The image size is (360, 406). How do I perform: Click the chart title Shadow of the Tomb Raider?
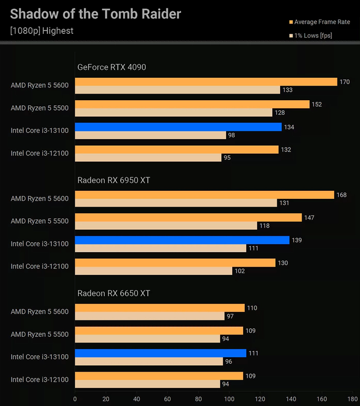tap(96, 14)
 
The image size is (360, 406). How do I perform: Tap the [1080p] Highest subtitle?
tap(42, 30)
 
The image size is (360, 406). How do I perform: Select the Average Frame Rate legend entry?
tap(322, 22)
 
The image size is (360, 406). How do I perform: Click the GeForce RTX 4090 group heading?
tap(111, 67)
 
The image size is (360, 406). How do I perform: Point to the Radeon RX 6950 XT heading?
tap(114, 180)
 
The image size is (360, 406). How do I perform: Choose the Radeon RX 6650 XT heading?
tap(114, 293)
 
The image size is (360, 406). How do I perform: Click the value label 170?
tap(345, 82)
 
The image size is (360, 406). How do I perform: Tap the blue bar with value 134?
tap(178, 127)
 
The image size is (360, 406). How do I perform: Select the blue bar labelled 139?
tap(182, 240)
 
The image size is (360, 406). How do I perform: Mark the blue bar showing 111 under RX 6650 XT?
tap(160, 353)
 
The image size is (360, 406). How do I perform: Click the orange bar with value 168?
tap(204, 195)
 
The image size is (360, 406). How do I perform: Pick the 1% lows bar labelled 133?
tap(177, 90)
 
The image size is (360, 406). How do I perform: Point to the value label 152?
tap(317, 104)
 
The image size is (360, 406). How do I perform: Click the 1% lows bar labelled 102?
tap(154, 271)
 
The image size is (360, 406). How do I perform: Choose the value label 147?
tap(309, 218)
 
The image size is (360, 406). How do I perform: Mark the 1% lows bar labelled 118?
tap(166, 226)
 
